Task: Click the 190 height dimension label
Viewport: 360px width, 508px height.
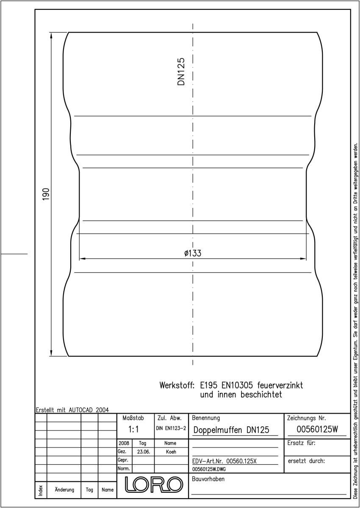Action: pyautogui.click(x=46, y=194)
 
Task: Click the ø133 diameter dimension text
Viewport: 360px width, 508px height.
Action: pyautogui.click(x=193, y=253)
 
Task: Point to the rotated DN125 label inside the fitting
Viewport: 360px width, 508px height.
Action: pyautogui.click(x=181, y=72)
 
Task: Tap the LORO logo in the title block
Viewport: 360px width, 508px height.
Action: pyautogui.click(x=154, y=484)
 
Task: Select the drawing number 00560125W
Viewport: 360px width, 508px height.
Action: pyautogui.click(x=317, y=429)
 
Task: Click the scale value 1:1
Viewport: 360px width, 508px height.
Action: pyautogui.click(x=133, y=429)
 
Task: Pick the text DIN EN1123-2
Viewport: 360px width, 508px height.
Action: pyautogui.click(x=171, y=428)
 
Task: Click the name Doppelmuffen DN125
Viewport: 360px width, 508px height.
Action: pyautogui.click(x=231, y=430)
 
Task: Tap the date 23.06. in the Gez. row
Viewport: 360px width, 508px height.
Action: pyautogui.click(x=144, y=452)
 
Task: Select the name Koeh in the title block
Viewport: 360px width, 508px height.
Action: pyautogui.click(x=171, y=452)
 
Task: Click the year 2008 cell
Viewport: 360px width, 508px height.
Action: pyautogui.click(x=124, y=443)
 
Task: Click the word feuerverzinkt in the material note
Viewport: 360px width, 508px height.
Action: pyautogui.click(x=280, y=385)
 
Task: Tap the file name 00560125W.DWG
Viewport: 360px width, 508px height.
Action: pyautogui.click(x=209, y=469)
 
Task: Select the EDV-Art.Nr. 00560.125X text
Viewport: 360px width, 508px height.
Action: pyautogui.click(x=224, y=461)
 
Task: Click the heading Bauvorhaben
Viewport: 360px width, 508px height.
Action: pyautogui.click(x=208, y=479)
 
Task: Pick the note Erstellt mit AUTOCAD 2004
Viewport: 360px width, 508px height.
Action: pyautogui.click(x=72, y=410)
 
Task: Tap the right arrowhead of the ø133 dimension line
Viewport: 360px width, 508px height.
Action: pyautogui.click(x=303, y=259)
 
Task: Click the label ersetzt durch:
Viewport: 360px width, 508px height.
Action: pyautogui.click(x=306, y=461)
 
